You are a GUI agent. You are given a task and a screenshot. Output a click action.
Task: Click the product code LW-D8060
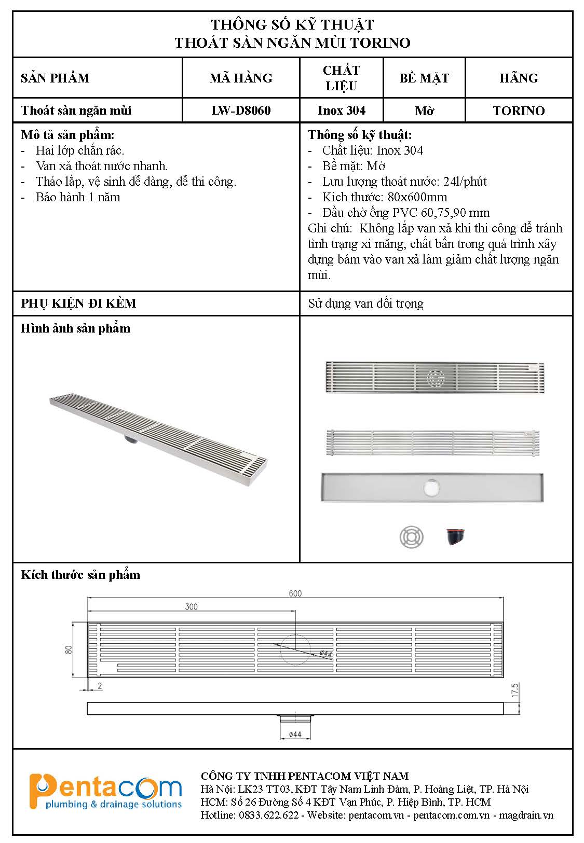tap(241, 110)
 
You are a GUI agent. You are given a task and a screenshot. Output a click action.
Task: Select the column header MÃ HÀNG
tap(241, 78)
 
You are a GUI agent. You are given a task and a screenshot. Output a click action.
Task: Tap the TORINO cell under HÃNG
tap(519, 110)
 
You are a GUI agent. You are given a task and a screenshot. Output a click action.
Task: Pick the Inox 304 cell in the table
tap(341, 110)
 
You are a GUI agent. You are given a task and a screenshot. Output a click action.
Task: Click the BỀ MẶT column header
tap(424, 78)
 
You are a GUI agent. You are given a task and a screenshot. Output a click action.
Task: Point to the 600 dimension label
tap(295, 593)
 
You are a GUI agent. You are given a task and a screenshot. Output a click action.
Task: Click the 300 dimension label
tap(191, 606)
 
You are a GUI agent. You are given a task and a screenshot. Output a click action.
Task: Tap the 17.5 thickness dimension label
tap(515, 690)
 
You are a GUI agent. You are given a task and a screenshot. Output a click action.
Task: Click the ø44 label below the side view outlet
tap(295, 734)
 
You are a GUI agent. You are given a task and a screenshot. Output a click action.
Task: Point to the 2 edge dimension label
tap(100, 686)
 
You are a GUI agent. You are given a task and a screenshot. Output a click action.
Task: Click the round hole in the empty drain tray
tap(431, 487)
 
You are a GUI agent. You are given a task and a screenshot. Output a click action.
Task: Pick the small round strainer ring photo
tap(412, 536)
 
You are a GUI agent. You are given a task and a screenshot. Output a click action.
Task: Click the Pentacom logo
tap(106, 791)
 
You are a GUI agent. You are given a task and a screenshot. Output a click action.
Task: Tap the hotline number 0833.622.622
tap(269, 815)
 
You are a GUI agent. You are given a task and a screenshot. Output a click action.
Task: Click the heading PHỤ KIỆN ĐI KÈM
tap(78, 303)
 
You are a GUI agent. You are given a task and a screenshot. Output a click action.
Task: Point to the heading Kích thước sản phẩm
tap(80, 575)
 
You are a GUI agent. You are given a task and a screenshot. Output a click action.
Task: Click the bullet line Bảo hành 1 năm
tap(78, 197)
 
